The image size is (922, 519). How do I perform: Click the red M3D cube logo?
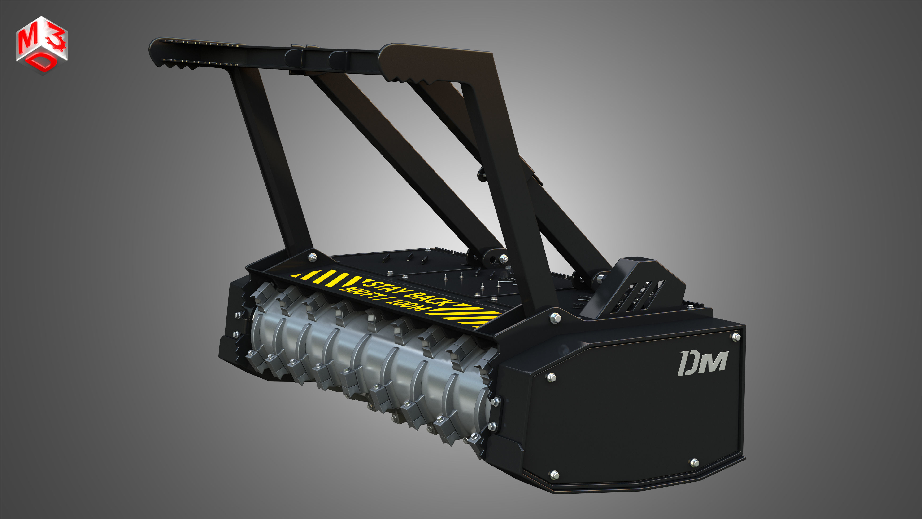click(42, 45)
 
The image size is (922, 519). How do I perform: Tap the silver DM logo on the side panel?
click(703, 363)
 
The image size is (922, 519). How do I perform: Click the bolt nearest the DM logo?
click(736, 336)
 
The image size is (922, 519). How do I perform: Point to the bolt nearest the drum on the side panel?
click(551, 377)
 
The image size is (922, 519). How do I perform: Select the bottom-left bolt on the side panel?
click(554, 475)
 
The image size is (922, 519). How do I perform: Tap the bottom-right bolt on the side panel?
click(694, 462)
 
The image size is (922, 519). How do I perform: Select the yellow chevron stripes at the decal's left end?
click(322, 278)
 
